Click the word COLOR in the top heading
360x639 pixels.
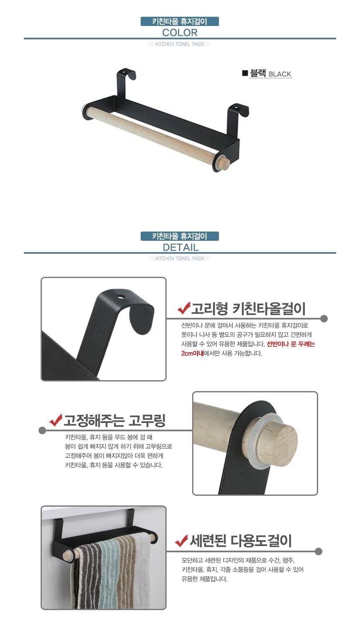[x=180, y=33]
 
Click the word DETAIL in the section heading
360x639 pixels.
[x=180, y=247]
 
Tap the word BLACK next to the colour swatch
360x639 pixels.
[x=280, y=74]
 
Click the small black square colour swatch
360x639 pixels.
[x=245, y=73]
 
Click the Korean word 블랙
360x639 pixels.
[x=258, y=73]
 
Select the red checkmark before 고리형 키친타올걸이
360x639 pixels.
[x=184, y=308]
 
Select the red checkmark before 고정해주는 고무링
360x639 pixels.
[x=56, y=420]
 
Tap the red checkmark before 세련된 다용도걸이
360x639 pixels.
[x=181, y=541]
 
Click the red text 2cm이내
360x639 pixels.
[x=192, y=353]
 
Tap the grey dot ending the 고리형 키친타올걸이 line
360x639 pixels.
[x=324, y=319]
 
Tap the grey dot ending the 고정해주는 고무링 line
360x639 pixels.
[x=42, y=430]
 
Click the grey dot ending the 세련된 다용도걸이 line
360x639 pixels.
[x=319, y=551]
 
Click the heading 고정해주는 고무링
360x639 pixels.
[x=114, y=420]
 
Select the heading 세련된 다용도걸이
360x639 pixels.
[x=241, y=541]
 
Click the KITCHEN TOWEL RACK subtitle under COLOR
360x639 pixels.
[x=180, y=44]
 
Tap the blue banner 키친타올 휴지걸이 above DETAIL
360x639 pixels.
[x=180, y=236]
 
